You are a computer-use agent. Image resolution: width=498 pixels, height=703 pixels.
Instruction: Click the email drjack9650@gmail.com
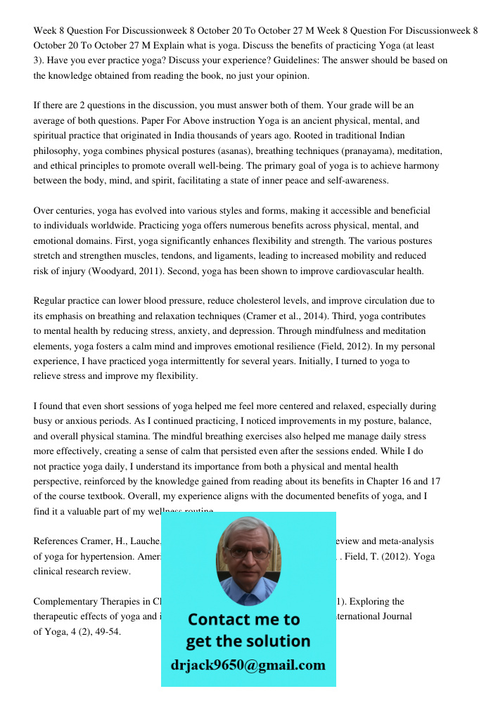click(x=248, y=665)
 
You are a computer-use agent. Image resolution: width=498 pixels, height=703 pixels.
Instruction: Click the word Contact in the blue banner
click(x=223, y=619)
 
